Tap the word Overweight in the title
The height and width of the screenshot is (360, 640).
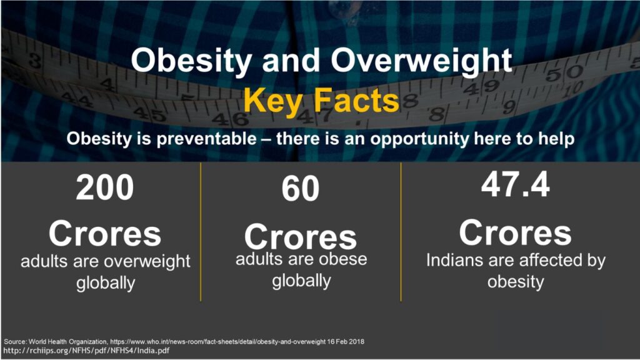(x=421, y=61)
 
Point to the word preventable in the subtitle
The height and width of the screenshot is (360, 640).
(x=206, y=139)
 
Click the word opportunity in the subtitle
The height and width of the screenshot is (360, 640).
(x=420, y=139)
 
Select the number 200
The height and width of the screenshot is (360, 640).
(x=105, y=187)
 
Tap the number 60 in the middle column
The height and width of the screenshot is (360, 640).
(x=301, y=189)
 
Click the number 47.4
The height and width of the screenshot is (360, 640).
(x=516, y=184)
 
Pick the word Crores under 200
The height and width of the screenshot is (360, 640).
(x=105, y=234)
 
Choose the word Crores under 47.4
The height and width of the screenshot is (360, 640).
(x=516, y=232)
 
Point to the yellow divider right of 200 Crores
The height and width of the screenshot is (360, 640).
(x=201, y=232)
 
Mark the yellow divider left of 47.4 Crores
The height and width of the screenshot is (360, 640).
(x=401, y=232)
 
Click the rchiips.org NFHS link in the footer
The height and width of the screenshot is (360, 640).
(x=86, y=351)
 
